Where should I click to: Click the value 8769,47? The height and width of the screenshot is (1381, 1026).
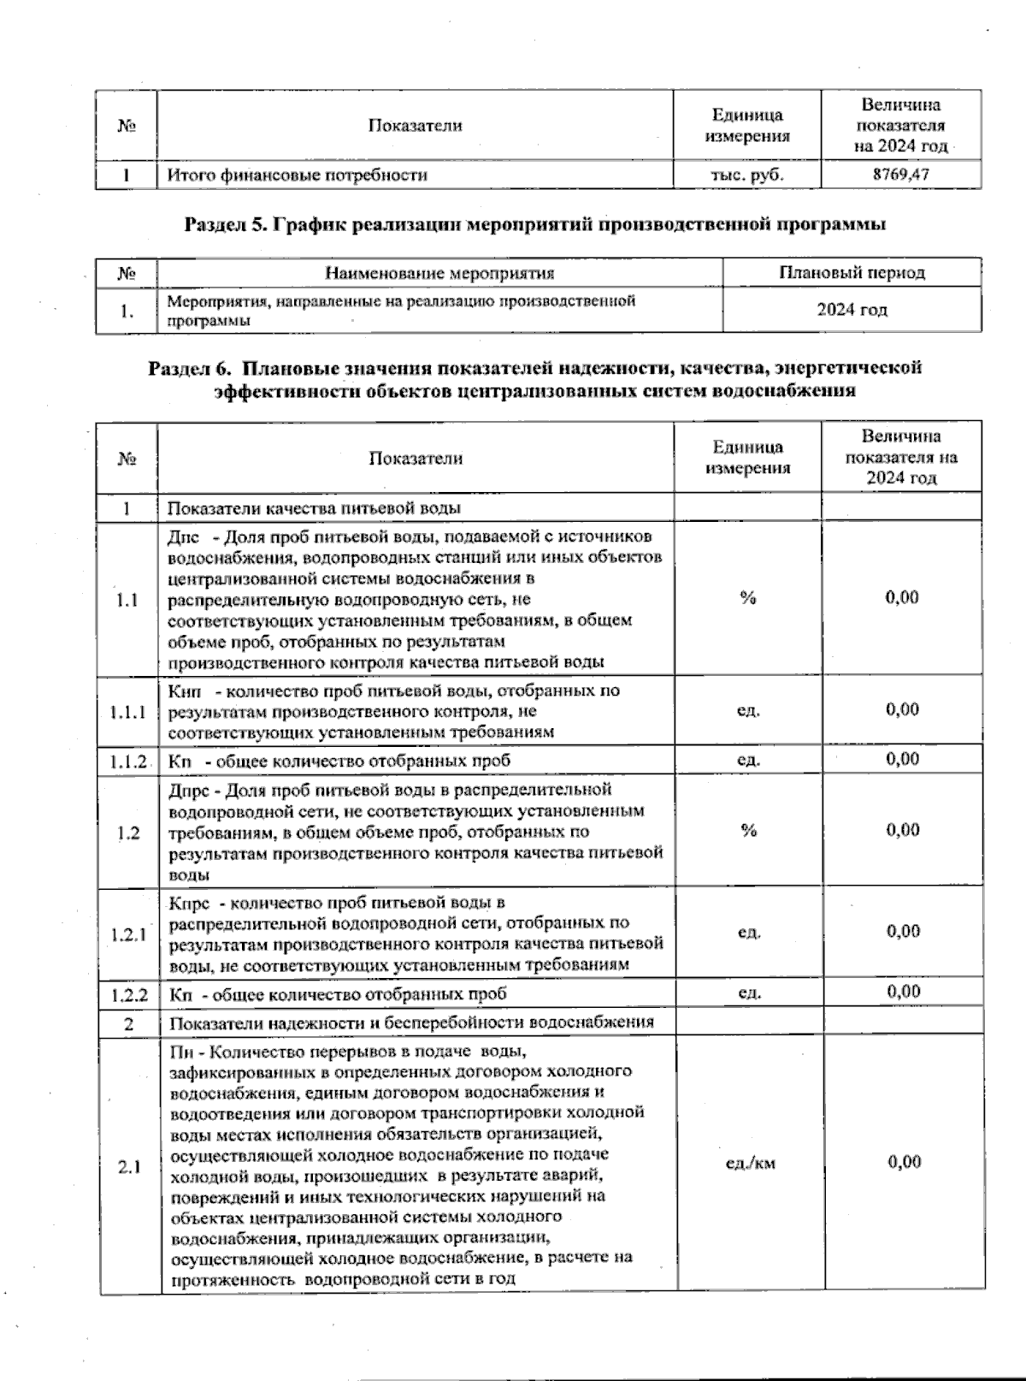[900, 175]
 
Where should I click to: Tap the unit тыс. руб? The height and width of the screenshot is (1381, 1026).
[746, 175]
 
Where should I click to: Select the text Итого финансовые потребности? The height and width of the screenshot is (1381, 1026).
[297, 175]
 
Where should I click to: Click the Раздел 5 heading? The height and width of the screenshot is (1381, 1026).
[534, 225]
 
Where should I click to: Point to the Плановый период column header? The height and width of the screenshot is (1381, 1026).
[852, 273]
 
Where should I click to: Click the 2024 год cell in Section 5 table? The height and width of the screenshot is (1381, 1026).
[852, 310]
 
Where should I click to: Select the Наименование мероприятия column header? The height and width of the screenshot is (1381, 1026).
[439, 273]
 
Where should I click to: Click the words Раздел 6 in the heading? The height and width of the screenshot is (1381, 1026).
[190, 369]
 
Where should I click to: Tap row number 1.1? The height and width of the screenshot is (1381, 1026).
[128, 599]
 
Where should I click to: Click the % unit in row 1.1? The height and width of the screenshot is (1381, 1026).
[748, 598]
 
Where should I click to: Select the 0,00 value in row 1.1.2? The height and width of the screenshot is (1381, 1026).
[902, 759]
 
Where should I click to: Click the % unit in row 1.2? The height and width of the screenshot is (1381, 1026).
[748, 830]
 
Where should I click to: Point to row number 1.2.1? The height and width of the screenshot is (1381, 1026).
[128, 934]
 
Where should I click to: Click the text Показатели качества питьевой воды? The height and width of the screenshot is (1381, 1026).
[314, 507]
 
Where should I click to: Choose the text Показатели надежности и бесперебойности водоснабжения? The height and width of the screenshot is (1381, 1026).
[411, 1022]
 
